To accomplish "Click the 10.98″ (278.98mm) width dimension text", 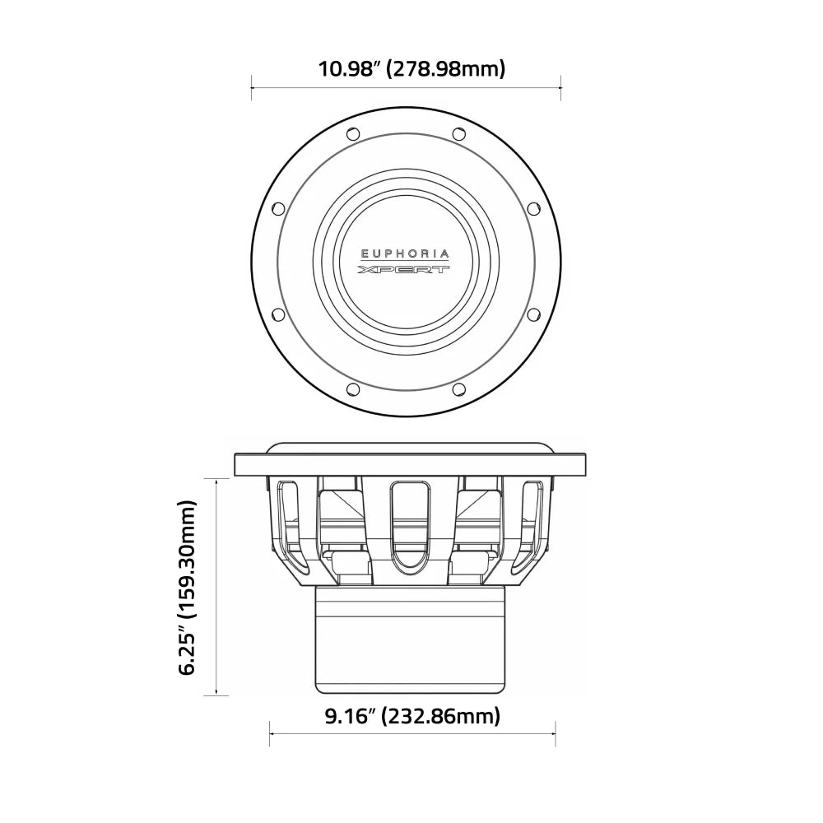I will tap(411, 69).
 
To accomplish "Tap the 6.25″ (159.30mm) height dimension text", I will tap(188, 586).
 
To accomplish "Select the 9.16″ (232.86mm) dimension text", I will tap(411, 717).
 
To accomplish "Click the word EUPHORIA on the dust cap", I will tap(406, 254).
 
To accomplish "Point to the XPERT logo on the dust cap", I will tap(406, 270).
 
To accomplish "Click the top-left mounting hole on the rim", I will tap(353, 133).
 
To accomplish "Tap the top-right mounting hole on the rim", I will tap(459, 133).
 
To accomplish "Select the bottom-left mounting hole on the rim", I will tap(353, 389).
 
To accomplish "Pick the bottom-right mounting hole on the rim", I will tap(459, 389).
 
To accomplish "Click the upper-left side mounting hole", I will tap(278, 208).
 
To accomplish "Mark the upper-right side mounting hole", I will tap(533, 208).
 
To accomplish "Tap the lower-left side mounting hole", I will tap(278, 314).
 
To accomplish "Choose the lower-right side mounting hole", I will tap(533, 314).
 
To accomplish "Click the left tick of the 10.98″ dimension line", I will tap(251, 82).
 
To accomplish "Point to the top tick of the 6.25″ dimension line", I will tap(216, 477).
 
